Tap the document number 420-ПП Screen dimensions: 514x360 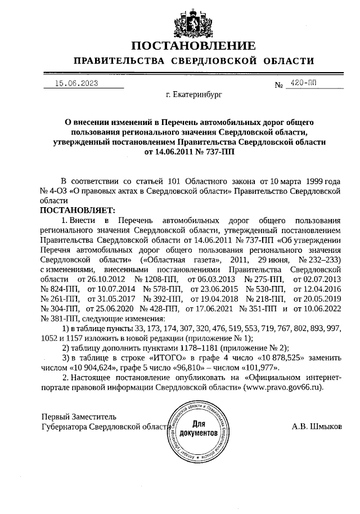(x=301, y=83)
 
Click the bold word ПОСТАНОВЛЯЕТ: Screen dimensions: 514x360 (x=77, y=209)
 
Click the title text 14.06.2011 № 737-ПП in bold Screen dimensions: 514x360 (x=191, y=151)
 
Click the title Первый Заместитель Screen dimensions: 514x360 (x=79, y=417)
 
